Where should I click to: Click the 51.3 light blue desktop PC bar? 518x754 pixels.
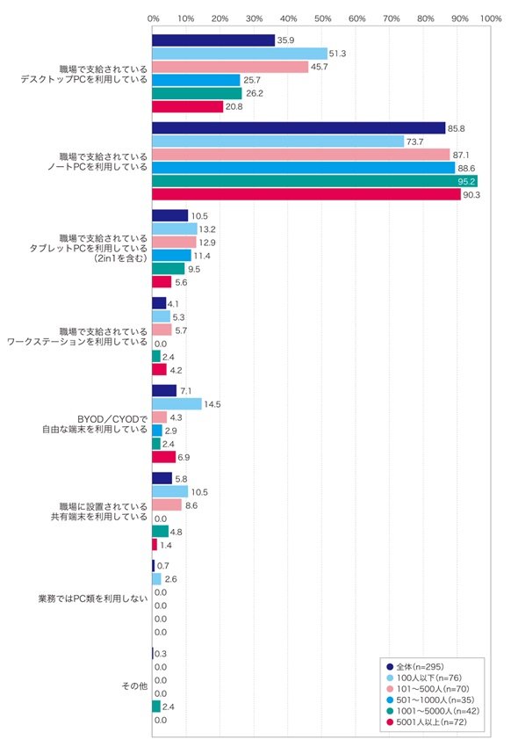click(x=240, y=54)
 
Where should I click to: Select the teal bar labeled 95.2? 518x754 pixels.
click(x=314, y=181)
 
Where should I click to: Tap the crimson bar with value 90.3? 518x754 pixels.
click(x=306, y=195)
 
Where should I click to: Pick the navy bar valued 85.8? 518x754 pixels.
click(x=299, y=128)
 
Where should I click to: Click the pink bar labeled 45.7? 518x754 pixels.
click(x=230, y=67)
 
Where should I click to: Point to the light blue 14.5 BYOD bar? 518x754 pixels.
click(x=176, y=404)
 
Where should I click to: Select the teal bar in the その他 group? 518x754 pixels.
click(x=156, y=707)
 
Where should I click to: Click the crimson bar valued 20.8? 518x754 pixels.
click(x=188, y=106)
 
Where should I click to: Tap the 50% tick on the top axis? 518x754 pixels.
click(x=323, y=18)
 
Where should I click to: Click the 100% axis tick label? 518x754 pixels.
click(x=491, y=18)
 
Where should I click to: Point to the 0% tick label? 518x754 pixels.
click(x=154, y=18)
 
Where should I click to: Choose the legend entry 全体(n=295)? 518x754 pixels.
click(x=415, y=667)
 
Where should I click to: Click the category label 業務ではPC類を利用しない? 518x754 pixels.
click(x=93, y=598)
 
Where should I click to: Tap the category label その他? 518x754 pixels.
click(x=134, y=686)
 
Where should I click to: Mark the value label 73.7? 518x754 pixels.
click(x=414, y=141)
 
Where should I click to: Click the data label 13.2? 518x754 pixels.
click(x=207, y=229)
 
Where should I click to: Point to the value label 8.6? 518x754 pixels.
click(x=191, y=505)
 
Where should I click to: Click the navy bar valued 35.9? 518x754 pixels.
click(x=213, y=40)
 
